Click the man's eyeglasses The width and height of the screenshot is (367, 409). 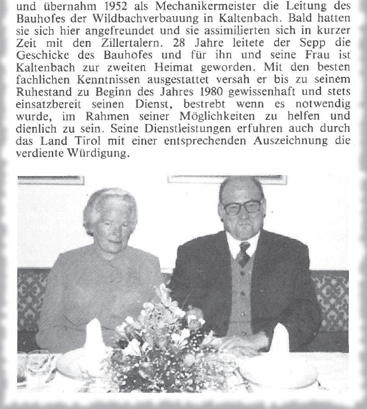tap(242, 206)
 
